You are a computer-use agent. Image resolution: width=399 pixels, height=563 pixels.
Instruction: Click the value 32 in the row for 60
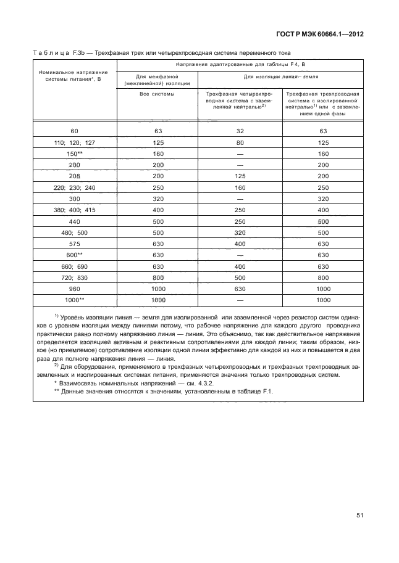[240, 131]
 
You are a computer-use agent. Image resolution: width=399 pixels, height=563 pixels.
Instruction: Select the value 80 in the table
[240, 142]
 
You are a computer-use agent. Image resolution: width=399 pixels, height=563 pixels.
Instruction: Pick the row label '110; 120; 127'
[75, 142]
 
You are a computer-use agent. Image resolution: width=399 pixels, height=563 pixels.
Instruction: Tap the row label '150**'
[75, 154]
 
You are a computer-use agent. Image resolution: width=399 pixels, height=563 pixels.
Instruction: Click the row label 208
[75, 176]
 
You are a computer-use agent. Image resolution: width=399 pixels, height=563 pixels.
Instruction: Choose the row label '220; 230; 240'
[75, 187]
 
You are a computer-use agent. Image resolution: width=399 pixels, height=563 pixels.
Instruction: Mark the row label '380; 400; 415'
[75, 210]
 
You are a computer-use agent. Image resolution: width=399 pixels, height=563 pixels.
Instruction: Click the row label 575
[75, 244]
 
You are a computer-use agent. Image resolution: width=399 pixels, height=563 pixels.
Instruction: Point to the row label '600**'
[75, 255]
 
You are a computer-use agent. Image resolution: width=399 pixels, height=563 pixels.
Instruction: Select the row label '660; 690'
[75, 267]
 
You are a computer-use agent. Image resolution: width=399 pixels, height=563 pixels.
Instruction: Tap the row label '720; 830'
[75, 278]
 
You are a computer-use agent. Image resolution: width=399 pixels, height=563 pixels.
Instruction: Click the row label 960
[75, 289]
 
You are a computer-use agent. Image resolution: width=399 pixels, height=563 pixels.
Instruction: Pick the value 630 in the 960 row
[240, 289]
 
